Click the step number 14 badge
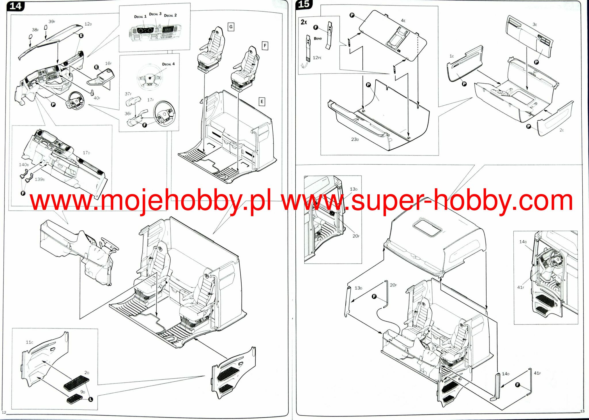click(15, 6)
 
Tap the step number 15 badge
click(304, 4)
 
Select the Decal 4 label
click(168, 64)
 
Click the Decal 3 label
click(155, 14)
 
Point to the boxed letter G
click(231, 27)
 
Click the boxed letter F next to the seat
click(265, 45)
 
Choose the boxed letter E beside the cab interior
click(262, 102)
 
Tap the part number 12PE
click(317, 58)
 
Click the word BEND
click(318, 39)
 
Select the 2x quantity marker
click(304, 22)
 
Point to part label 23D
click(355, 139)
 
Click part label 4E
click(403, 21)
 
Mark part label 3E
click(535, 24)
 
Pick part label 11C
click(29, 342)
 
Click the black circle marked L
click(91, 399)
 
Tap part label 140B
click(24, 165)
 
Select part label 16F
click(108, 63)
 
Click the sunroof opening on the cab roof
click(427, 227)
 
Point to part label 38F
click(35, 30)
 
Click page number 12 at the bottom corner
click(4, 413)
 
